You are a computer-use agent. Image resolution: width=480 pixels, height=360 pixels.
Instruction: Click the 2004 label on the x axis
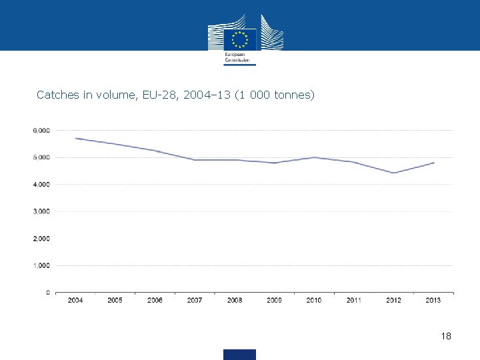pyautogui.click(x=75, y=301)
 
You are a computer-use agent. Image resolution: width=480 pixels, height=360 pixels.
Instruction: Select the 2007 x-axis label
pyautogui.click(x=195, y=301)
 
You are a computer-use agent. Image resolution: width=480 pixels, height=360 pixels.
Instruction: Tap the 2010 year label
pyautogui.click(x=314, y=301)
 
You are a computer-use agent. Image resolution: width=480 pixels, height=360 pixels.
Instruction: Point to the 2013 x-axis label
pyautogui.click(x=433, y=301)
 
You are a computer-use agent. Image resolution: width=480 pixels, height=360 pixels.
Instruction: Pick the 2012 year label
pyautogui.click(x=393, y=301)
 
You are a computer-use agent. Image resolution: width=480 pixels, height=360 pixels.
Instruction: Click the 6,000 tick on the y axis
pyautogui.click(x=41, y=131)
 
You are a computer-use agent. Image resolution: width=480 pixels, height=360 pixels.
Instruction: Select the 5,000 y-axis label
pyautogui.click(x=41, y=157)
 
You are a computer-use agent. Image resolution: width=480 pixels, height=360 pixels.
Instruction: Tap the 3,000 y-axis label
pyautogui.click(x=41, y=211)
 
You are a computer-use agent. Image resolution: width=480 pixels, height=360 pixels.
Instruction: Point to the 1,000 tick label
pyautogui.click(x=41, y=265)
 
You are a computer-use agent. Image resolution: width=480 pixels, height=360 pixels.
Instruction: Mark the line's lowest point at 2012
pyautogui.click(x=394, y=173)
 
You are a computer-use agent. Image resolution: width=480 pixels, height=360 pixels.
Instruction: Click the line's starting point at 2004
pyautogui.click(x=76, y=138)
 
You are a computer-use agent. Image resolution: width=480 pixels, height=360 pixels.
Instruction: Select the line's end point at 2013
pyautogui.click(x=434, y=163)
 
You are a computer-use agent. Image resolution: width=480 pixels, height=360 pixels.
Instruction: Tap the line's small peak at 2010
pyautogui.click(x=314, y=157)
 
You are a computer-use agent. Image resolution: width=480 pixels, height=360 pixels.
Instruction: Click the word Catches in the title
pyautogui.click(x=58, y=95)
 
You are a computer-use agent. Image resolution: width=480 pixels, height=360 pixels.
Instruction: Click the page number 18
pyautogui.click(x=446, y=337)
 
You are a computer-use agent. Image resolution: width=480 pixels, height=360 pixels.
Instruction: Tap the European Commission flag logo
pyautogui.click(x=239, y=39)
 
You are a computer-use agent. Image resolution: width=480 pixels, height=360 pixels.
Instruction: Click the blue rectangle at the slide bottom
pyautogui.click(x=239, y=354)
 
